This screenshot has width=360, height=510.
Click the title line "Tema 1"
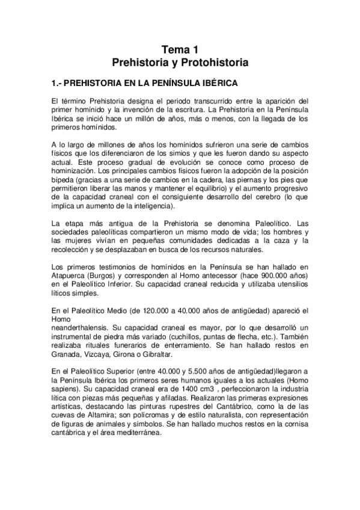180,50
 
